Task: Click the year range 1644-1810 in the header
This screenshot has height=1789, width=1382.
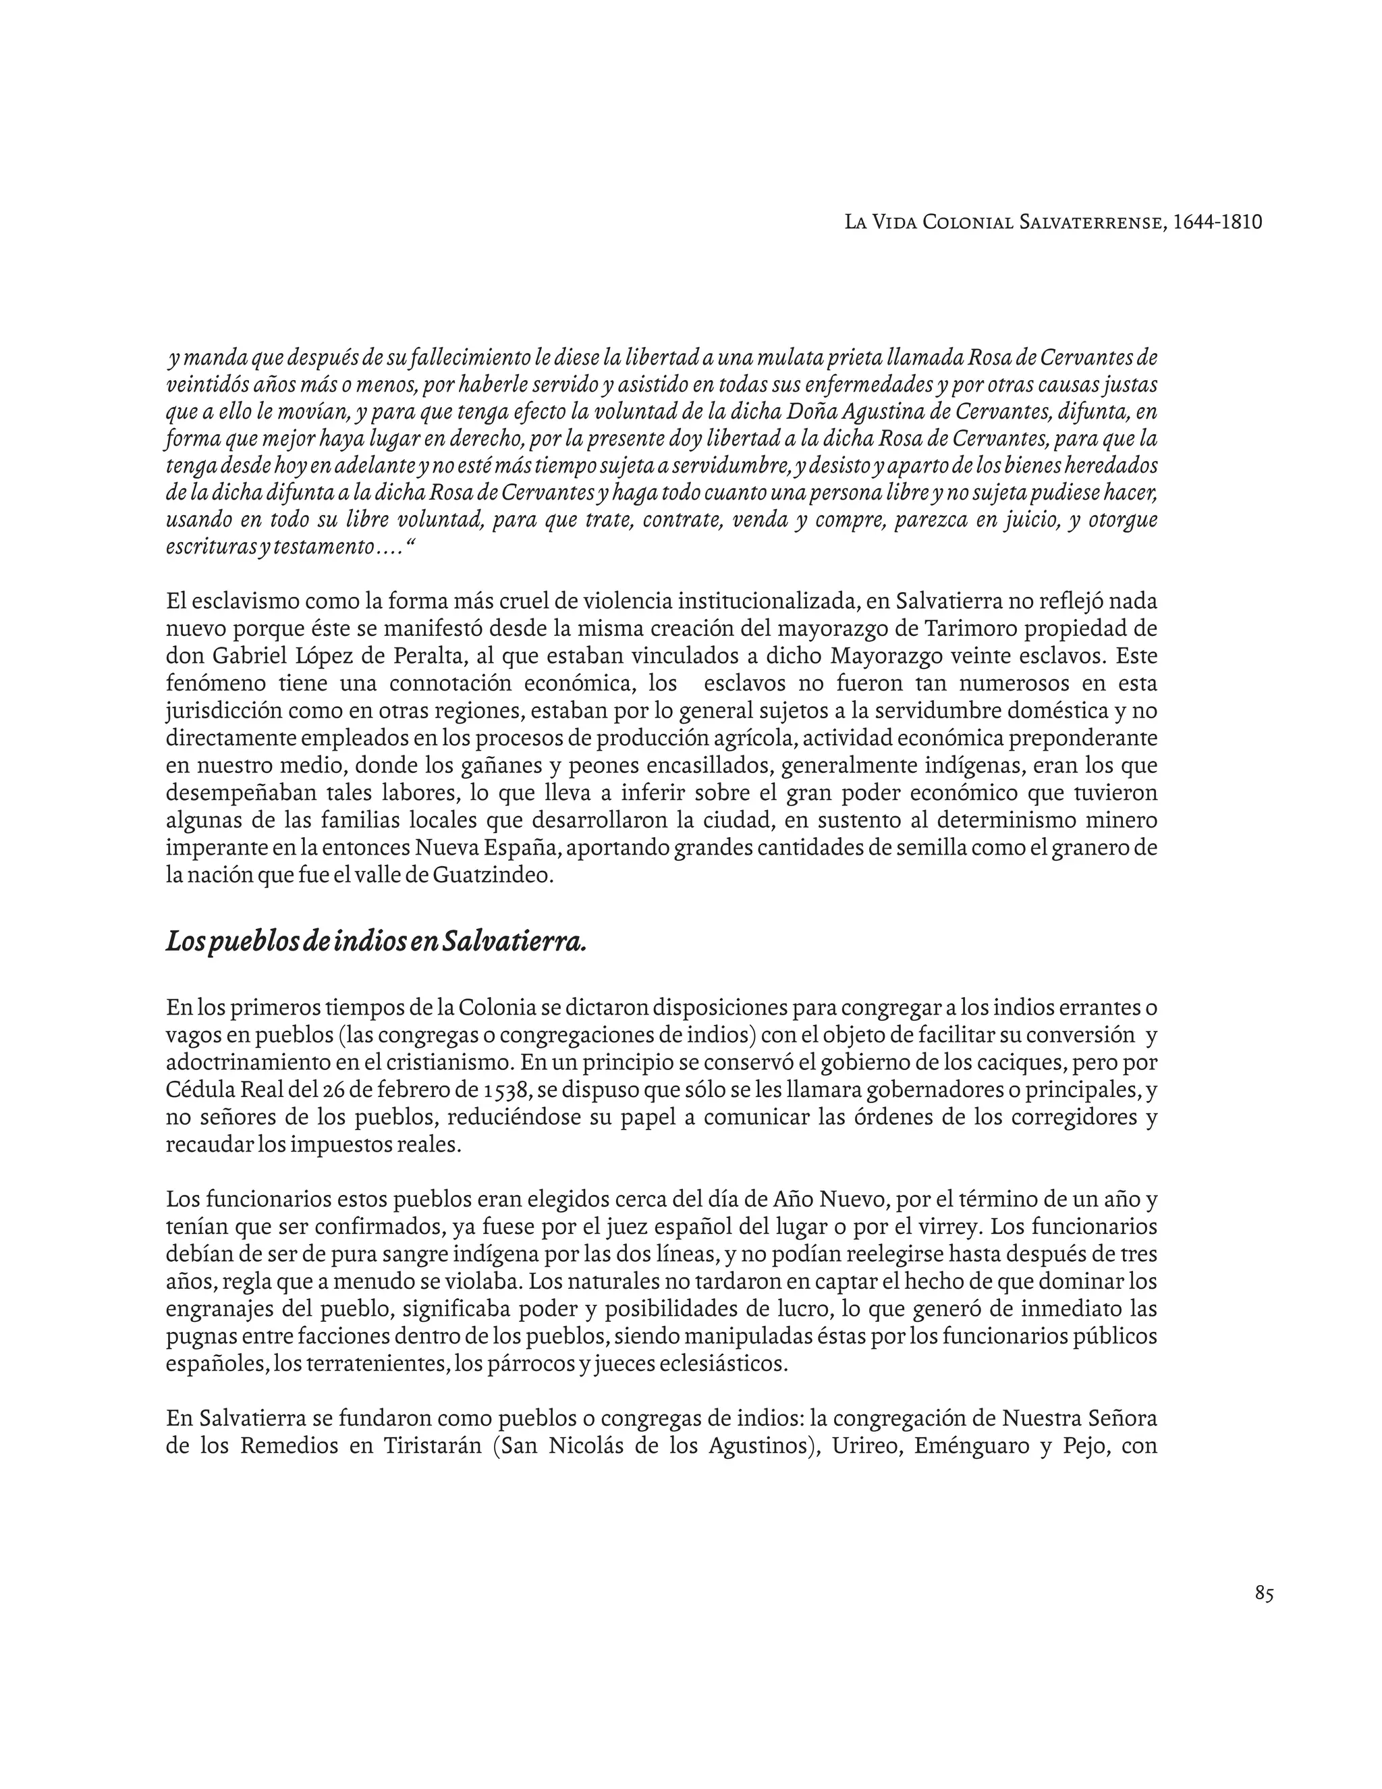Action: (x=1217, y=222)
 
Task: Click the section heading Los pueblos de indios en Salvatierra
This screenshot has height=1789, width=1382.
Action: (x=376, y=942)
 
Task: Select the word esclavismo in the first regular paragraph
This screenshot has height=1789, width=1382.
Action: (x=246, y=602)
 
